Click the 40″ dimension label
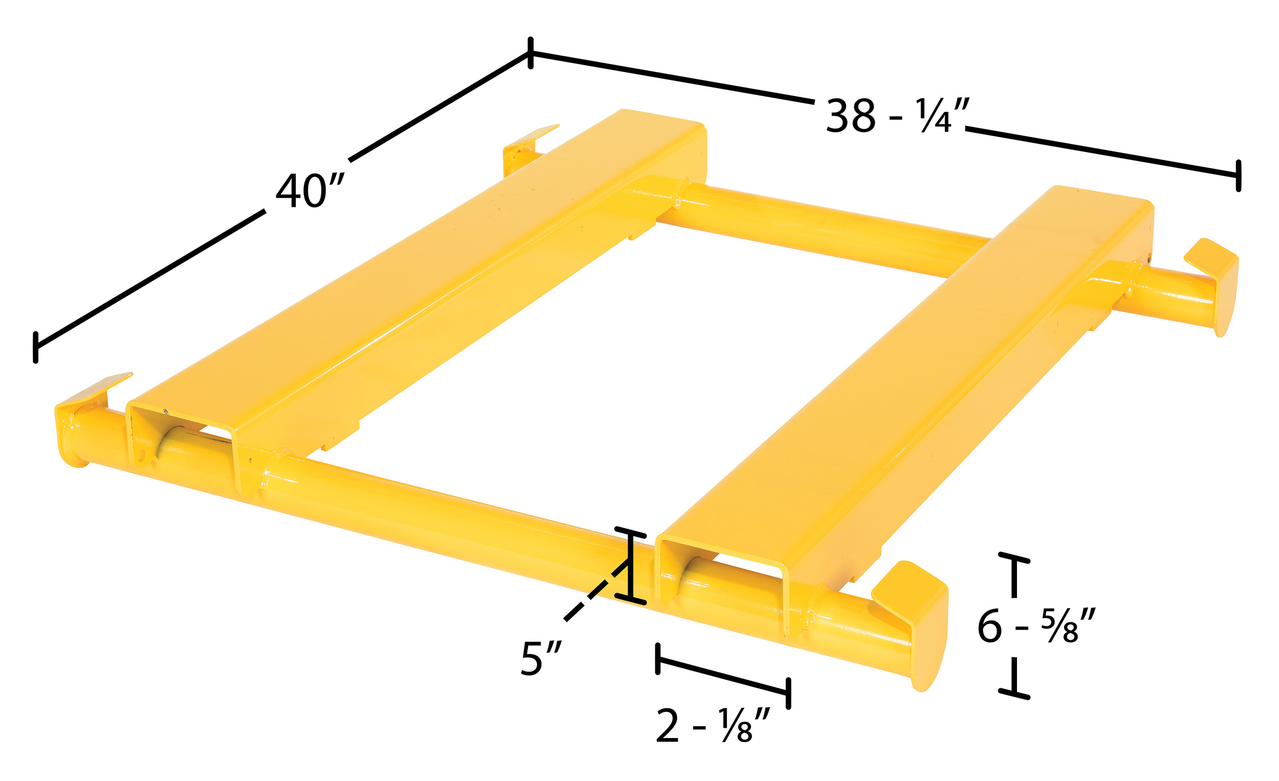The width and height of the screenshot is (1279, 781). (310, 191)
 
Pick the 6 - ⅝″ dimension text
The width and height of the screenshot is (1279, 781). (1036, 626)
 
